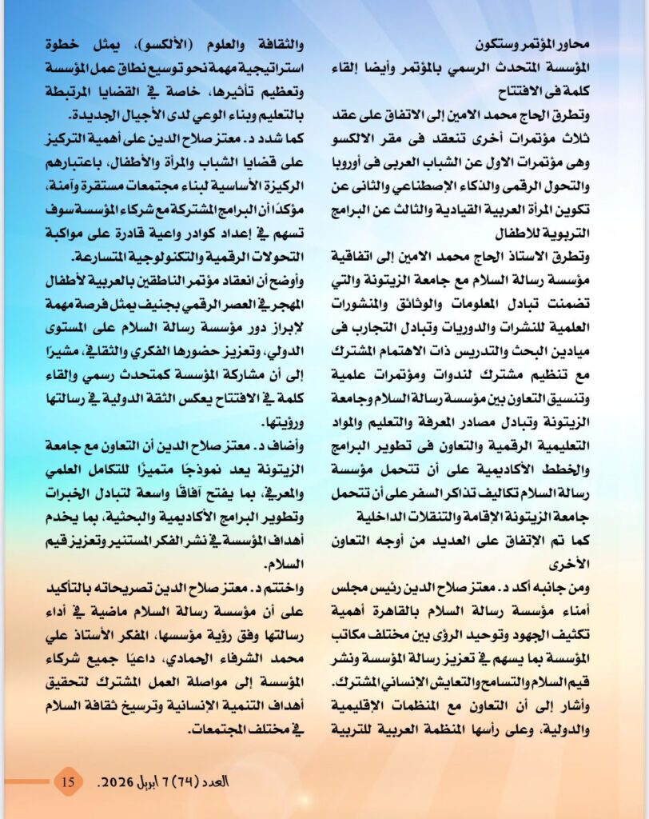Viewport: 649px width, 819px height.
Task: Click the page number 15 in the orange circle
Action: (x=69, y=781)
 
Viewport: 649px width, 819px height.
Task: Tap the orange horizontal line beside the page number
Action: (x=28, y=781)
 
